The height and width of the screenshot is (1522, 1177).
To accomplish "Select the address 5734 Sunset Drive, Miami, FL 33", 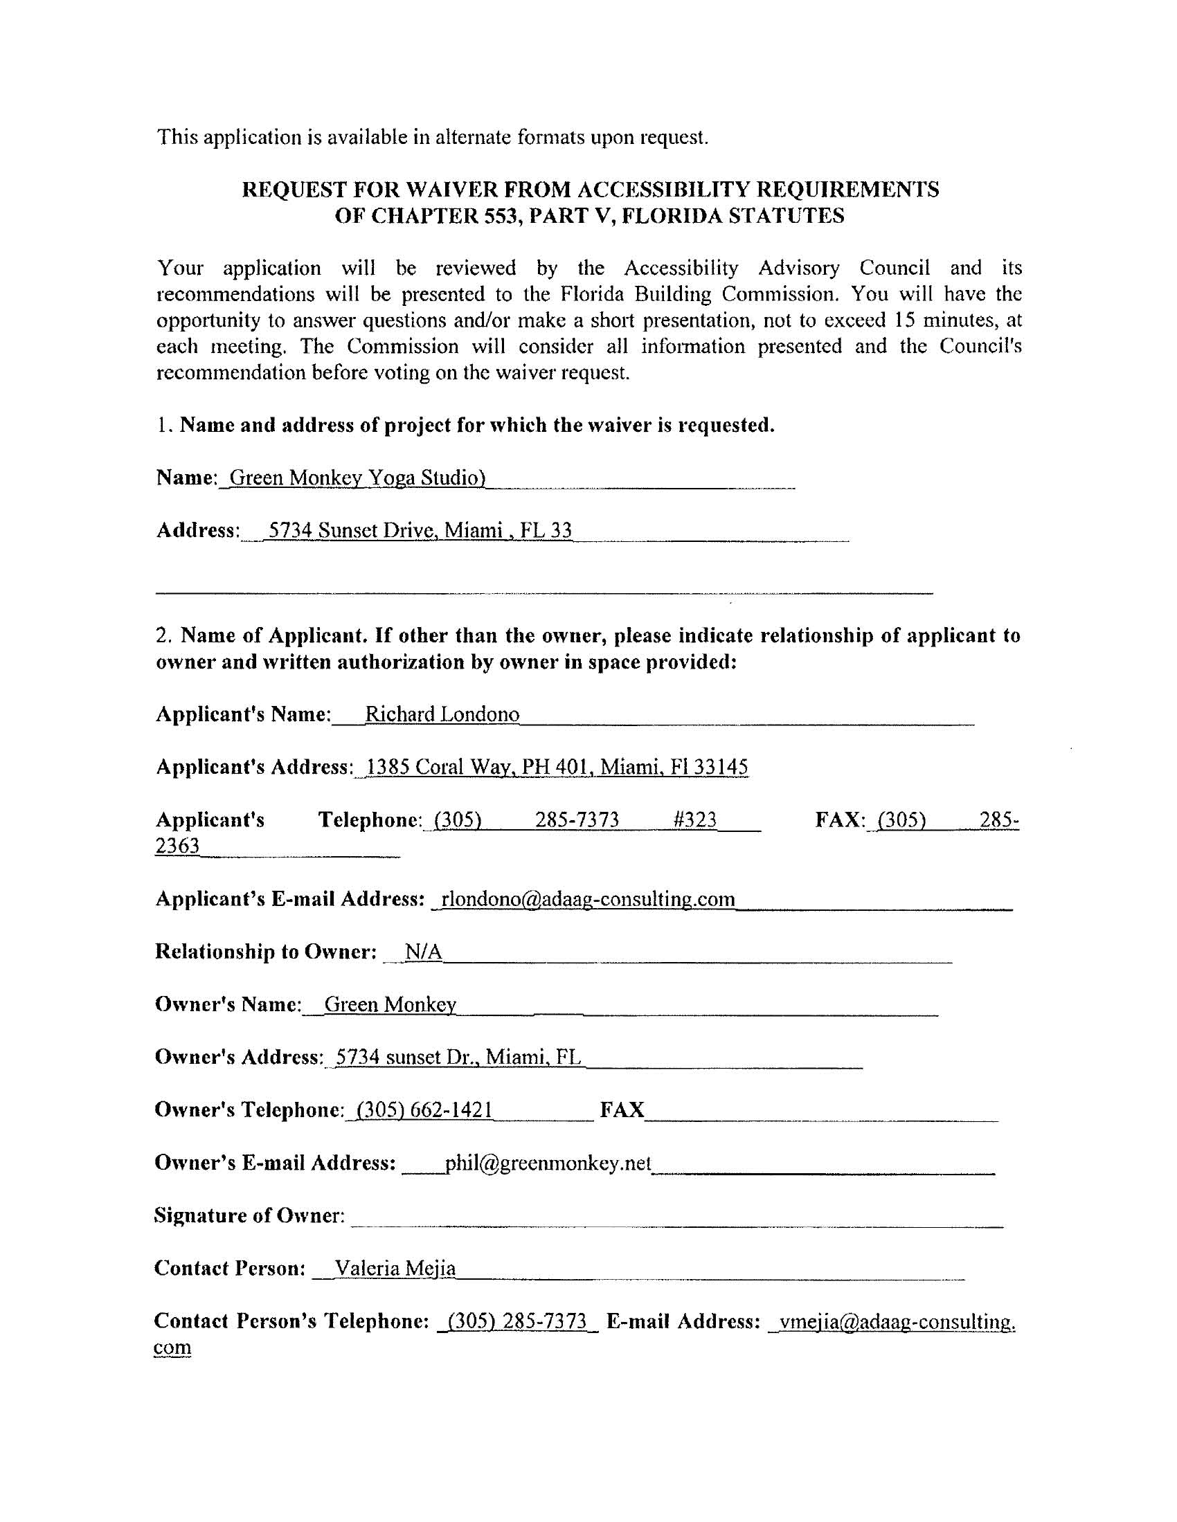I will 420,531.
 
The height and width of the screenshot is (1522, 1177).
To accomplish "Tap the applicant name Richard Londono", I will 442,714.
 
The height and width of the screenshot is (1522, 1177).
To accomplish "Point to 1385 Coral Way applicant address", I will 557,768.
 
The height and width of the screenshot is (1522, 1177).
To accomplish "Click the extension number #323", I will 695,819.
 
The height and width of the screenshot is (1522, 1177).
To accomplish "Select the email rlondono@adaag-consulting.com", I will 588,899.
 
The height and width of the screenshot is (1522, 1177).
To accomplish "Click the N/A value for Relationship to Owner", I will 423,952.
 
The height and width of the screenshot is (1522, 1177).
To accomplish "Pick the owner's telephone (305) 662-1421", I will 424,1109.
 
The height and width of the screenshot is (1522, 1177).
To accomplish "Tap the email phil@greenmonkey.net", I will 548,1162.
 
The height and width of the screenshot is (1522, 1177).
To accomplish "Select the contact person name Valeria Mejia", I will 395,1268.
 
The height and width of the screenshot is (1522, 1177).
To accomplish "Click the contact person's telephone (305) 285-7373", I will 516,1321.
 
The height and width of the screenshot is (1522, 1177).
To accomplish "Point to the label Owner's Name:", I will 228,1004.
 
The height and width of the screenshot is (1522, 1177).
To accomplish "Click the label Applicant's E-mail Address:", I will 289,899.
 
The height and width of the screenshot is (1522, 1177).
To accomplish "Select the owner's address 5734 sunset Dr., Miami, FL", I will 458,1057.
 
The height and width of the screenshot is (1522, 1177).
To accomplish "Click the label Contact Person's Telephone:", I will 291,1321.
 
